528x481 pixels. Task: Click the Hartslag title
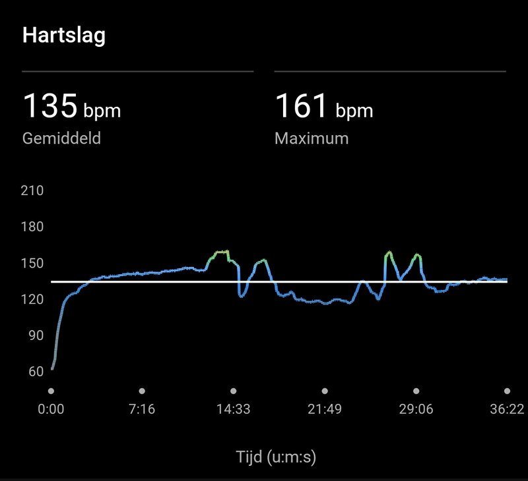pyautogui.click(x=64, y=36)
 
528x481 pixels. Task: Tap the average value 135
pyautogui.click(x=50, y=106)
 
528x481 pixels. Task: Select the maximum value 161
pyautogui.click(x=301, y=106)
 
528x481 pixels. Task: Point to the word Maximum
pyautogui.click(x=312, y=139)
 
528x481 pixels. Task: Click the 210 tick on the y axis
pyautogui.click(x=32, y=191)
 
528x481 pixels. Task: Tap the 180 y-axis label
pyautogui.click(x=32, y=227)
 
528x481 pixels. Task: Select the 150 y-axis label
pyautogui.click(x=32, y=264)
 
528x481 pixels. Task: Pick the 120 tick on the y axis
pyautogui.click(x=32, y=300)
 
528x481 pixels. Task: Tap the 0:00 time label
pyautogui.click(x=51, y=409)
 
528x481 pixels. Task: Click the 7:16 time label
pyautogui.click(x=142, y=409)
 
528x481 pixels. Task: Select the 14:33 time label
pyautogui.click(x=233, y=409)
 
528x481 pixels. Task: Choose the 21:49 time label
pyautogui.click(x=324, y=409)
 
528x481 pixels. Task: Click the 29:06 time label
pyautogui.click(x=416, y=409)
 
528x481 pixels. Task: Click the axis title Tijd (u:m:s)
pyautogui.click(x=276, y=457)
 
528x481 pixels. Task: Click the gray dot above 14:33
pyautogui.click(x=233, y=391)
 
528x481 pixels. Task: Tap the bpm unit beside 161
pyautogui.click(x=354, y=110)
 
